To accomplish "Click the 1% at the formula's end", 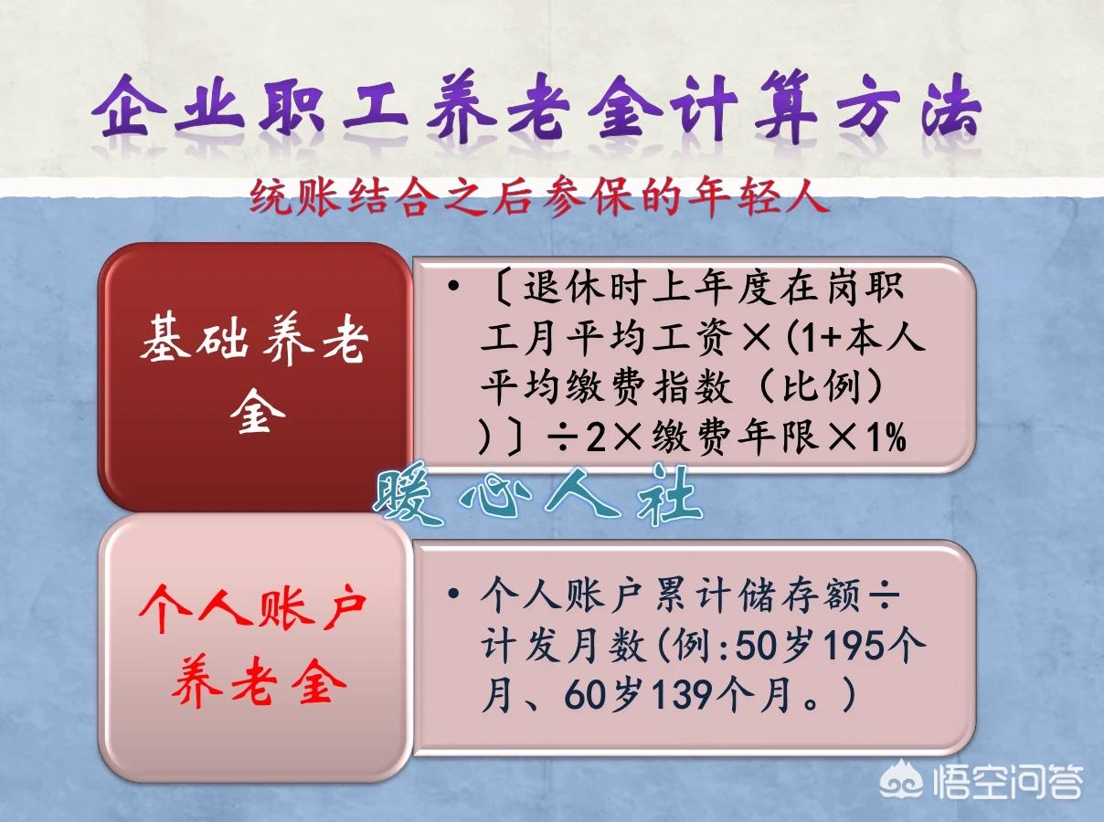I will pyautogui.click(x=883, y=438).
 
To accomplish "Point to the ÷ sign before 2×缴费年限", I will pyautogui.click(x=554, y=439).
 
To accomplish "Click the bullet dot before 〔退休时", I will pyautogui.click(x=453, y=289).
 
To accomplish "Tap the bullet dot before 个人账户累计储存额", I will pyautogui.click(x=453, y=595).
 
